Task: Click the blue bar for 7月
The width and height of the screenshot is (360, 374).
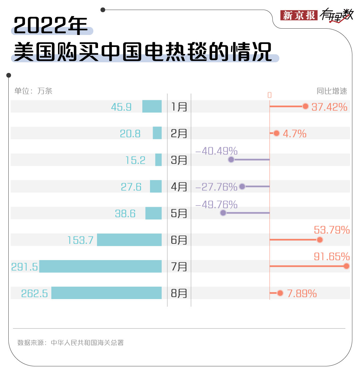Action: [100, 266]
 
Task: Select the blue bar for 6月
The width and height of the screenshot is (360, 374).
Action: [129, 240]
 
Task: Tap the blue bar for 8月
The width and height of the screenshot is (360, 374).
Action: [106, 293]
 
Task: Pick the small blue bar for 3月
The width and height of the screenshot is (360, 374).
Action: [158, 160]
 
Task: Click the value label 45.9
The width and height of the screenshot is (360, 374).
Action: [121, 107]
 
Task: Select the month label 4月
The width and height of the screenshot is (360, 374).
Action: [179, 187]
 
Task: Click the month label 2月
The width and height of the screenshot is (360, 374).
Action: [179, 134]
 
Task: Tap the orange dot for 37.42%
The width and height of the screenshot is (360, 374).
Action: [305, 107]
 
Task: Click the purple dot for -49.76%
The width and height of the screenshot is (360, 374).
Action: [223, 213]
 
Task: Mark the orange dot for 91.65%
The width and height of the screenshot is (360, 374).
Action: [346, 266]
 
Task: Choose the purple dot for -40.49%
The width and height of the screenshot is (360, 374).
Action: [231, 160]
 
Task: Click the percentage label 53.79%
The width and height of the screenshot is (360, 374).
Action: [332, 230]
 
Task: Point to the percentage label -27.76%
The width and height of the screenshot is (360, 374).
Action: [216, 187]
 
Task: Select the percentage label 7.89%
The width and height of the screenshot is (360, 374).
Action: [302, 293]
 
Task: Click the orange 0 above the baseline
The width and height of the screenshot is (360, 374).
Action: [269, 95]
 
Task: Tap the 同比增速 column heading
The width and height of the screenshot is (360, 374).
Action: [332, 91]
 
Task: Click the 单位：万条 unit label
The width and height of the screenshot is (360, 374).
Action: [33, 91]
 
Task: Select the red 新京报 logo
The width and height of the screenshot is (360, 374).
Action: [299, 15]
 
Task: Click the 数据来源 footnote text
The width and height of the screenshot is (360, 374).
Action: [70, 343]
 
